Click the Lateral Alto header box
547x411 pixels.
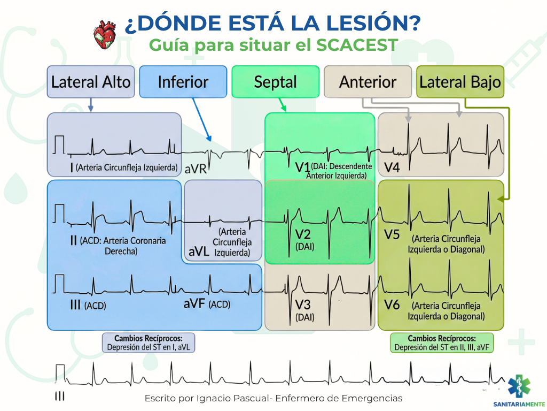click(90, 82)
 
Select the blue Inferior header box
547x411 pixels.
click(183, 82)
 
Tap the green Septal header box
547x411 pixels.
click(275, 82)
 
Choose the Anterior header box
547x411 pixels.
click(368, 82)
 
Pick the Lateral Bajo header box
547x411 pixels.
click(460, 82)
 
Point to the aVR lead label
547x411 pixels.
click(196, 169)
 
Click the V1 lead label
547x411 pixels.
click(302, 167)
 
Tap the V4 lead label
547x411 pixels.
click(392, 168)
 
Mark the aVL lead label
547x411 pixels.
click(198, 251)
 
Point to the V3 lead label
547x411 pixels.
click(302, 305)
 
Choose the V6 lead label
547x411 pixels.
click(392, 305)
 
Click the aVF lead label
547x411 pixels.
click(194, 304)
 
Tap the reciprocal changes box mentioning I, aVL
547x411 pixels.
click(149, 342)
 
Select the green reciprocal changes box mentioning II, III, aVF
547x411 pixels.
click(442, 342)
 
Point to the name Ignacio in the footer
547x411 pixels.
click(216, 399)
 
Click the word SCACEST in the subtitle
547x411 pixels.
click(357, 45)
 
